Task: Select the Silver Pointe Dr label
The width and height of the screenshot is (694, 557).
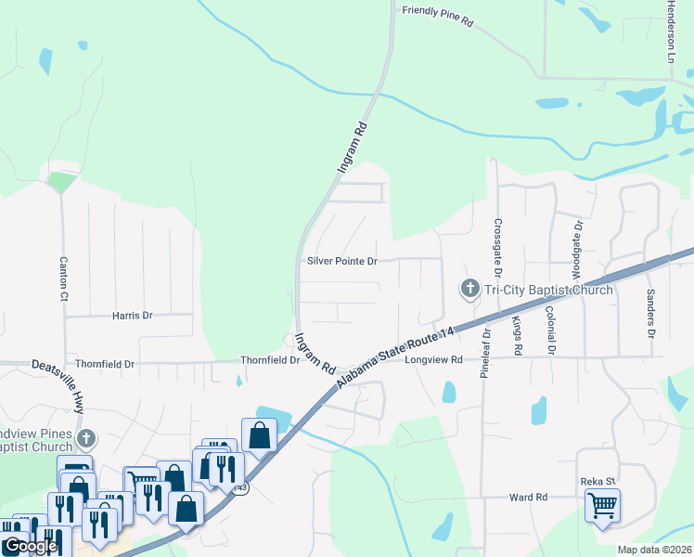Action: (x=341, y=262)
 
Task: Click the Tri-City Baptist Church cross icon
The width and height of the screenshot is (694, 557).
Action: (x=469, y=290)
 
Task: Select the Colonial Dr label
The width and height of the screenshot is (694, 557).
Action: (x=550, y=331)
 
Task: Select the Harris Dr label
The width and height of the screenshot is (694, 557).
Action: (x=131, y=316)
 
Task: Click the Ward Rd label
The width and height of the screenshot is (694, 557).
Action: (x=529, y=498)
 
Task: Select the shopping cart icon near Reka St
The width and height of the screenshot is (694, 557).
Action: (x=602, y=507)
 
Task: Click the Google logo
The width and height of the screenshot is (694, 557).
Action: (x=30, y=546)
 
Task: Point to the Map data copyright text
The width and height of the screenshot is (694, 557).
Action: (x=654, y=550)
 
